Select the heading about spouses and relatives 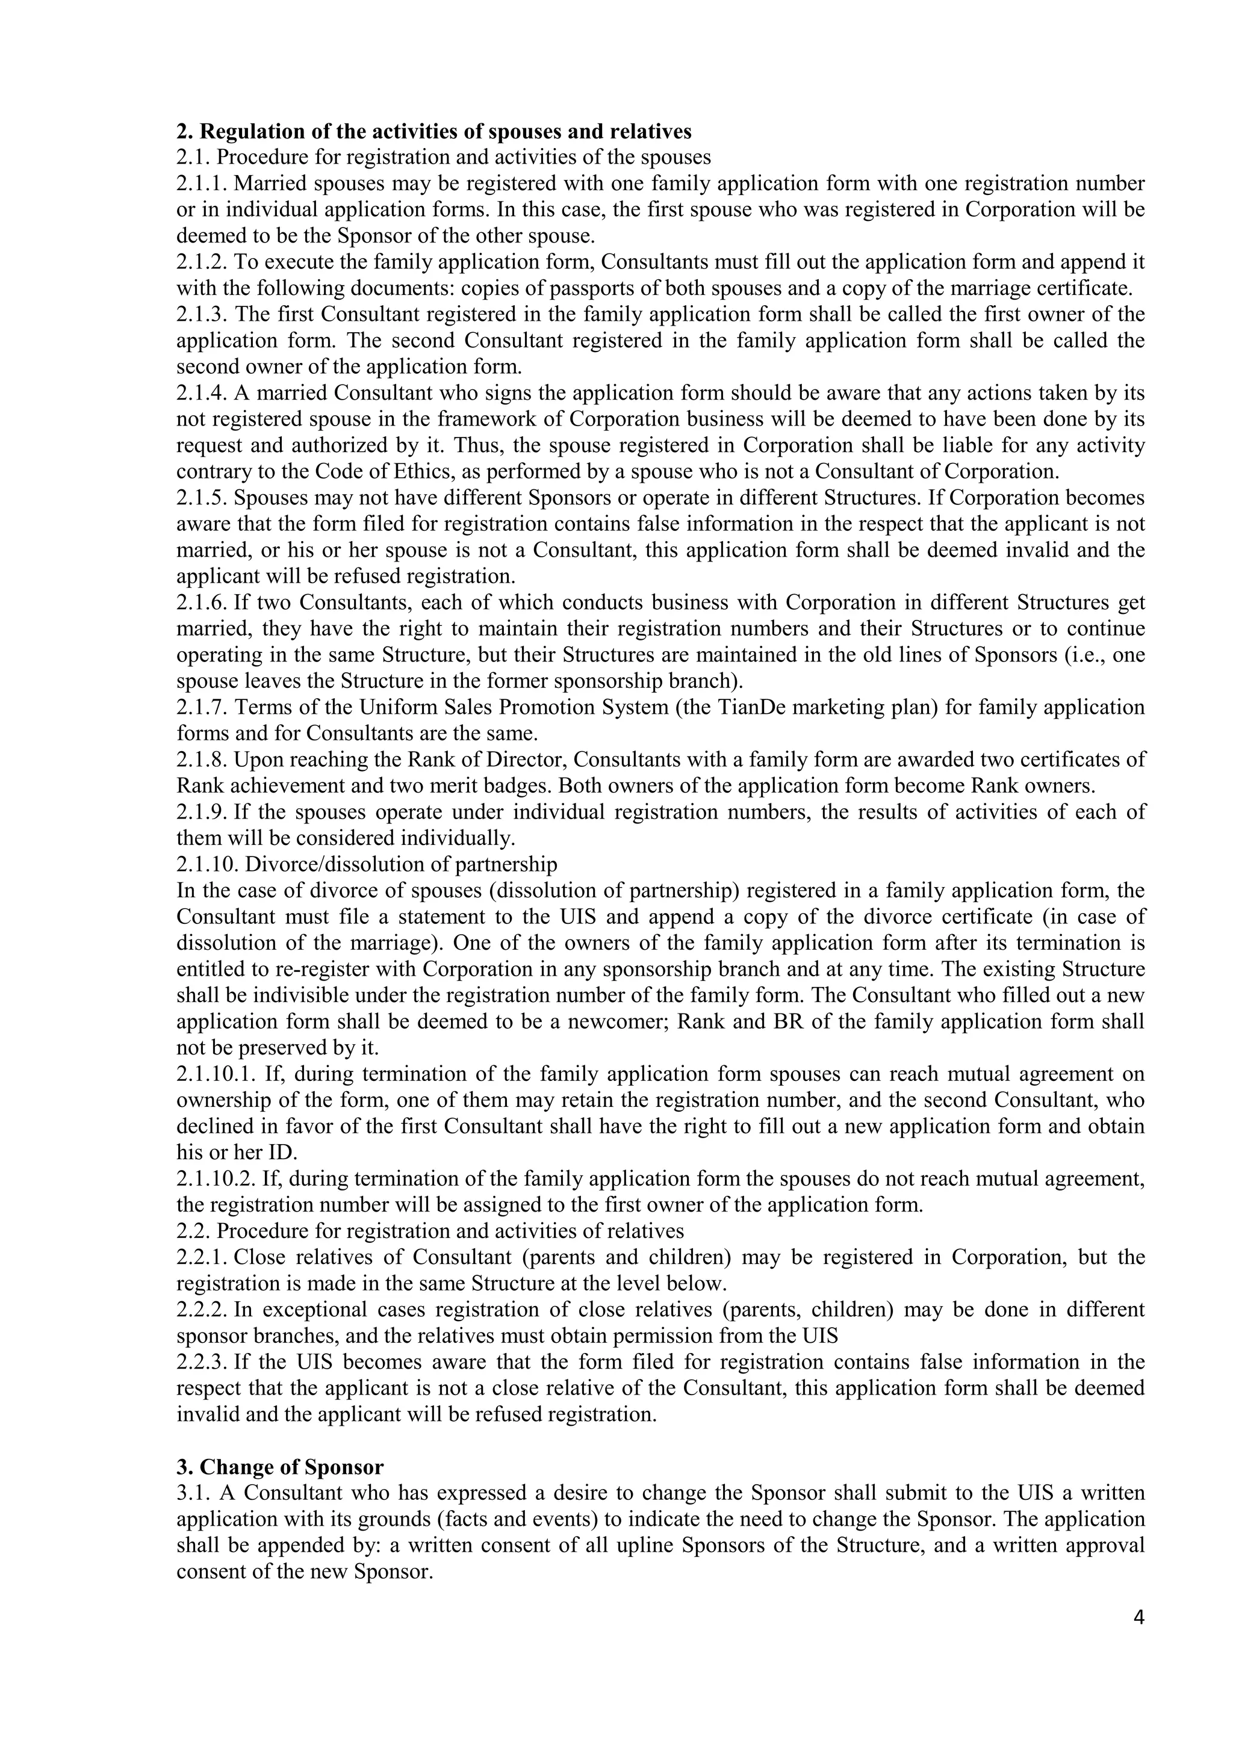(433, 131)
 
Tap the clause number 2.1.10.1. (213, 1074)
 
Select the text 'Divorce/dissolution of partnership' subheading (401, 865)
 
